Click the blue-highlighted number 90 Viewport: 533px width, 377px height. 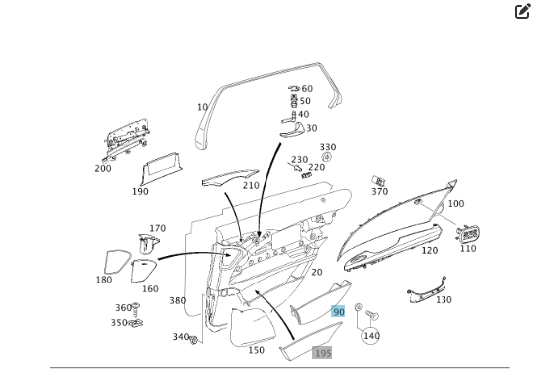338,311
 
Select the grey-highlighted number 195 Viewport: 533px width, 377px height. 322,353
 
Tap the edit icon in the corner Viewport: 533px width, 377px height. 522,12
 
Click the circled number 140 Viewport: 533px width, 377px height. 371,336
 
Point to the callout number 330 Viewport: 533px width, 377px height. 328,147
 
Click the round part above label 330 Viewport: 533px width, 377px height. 327,157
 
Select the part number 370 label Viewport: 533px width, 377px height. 379,192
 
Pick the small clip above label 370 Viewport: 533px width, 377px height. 378,180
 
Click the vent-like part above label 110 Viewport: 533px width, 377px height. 468,234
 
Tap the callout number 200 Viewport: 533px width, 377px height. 103,169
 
